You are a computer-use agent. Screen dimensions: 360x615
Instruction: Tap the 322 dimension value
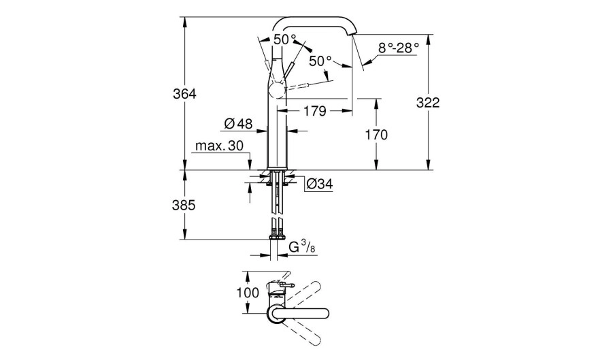[x=428, y=102]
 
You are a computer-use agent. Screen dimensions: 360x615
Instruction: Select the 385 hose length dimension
[x=184, y=204]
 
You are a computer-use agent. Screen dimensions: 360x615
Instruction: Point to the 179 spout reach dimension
[x=314, y=110]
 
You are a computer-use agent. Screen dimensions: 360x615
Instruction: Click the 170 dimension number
[x=376, y=135]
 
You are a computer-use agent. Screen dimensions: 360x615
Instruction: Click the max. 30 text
[x=218, y=146]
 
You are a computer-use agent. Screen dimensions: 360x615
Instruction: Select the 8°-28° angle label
[x=399, y=48]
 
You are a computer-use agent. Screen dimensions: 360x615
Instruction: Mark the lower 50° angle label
[x=320, y=61]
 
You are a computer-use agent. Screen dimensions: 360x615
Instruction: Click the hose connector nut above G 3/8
[x=277, y=235]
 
